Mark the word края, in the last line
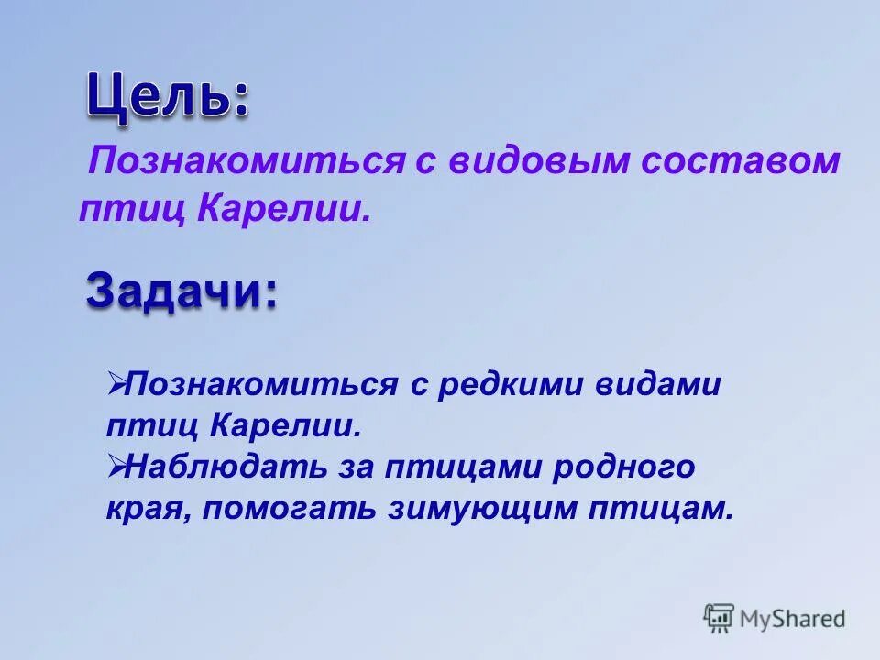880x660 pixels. coord(146,510)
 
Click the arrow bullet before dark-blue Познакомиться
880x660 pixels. coord(115,383)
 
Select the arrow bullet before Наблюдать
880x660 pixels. coord(115,467)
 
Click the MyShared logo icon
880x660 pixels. coord(719,618)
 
